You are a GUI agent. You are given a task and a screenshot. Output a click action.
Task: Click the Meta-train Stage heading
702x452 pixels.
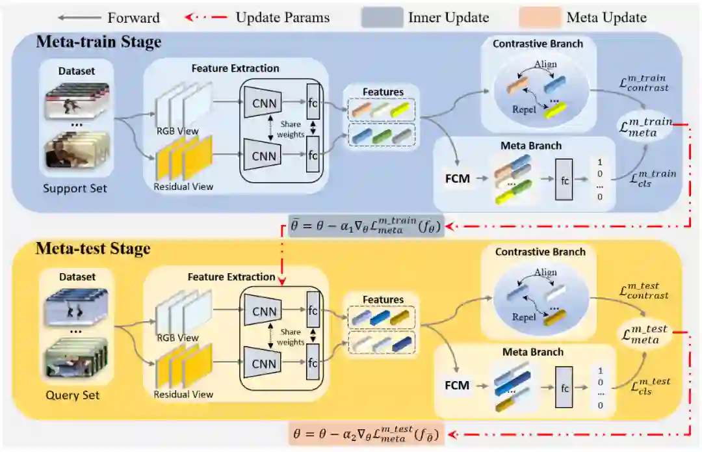(99, 42)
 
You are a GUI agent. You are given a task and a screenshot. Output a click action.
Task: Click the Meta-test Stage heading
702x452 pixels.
(93, 248)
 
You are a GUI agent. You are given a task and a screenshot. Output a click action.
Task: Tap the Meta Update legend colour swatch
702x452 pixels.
(539, 18)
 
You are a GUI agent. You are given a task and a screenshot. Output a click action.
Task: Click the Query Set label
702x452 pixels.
(73, 394)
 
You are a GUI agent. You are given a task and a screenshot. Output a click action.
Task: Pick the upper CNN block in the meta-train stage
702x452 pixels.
(264, 102)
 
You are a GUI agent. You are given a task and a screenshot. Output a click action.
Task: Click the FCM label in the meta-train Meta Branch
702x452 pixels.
(458, 178)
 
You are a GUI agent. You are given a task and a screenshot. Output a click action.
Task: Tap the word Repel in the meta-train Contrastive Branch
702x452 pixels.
(525, 110)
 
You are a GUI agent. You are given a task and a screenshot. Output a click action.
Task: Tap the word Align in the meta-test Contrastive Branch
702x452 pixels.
(545, 273)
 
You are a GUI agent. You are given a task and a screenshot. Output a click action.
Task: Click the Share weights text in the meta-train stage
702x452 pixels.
(291, 129)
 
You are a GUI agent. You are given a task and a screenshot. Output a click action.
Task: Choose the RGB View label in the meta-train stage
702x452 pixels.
(177, 131)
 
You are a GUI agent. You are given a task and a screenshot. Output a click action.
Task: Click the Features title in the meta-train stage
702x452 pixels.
(383, 92)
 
